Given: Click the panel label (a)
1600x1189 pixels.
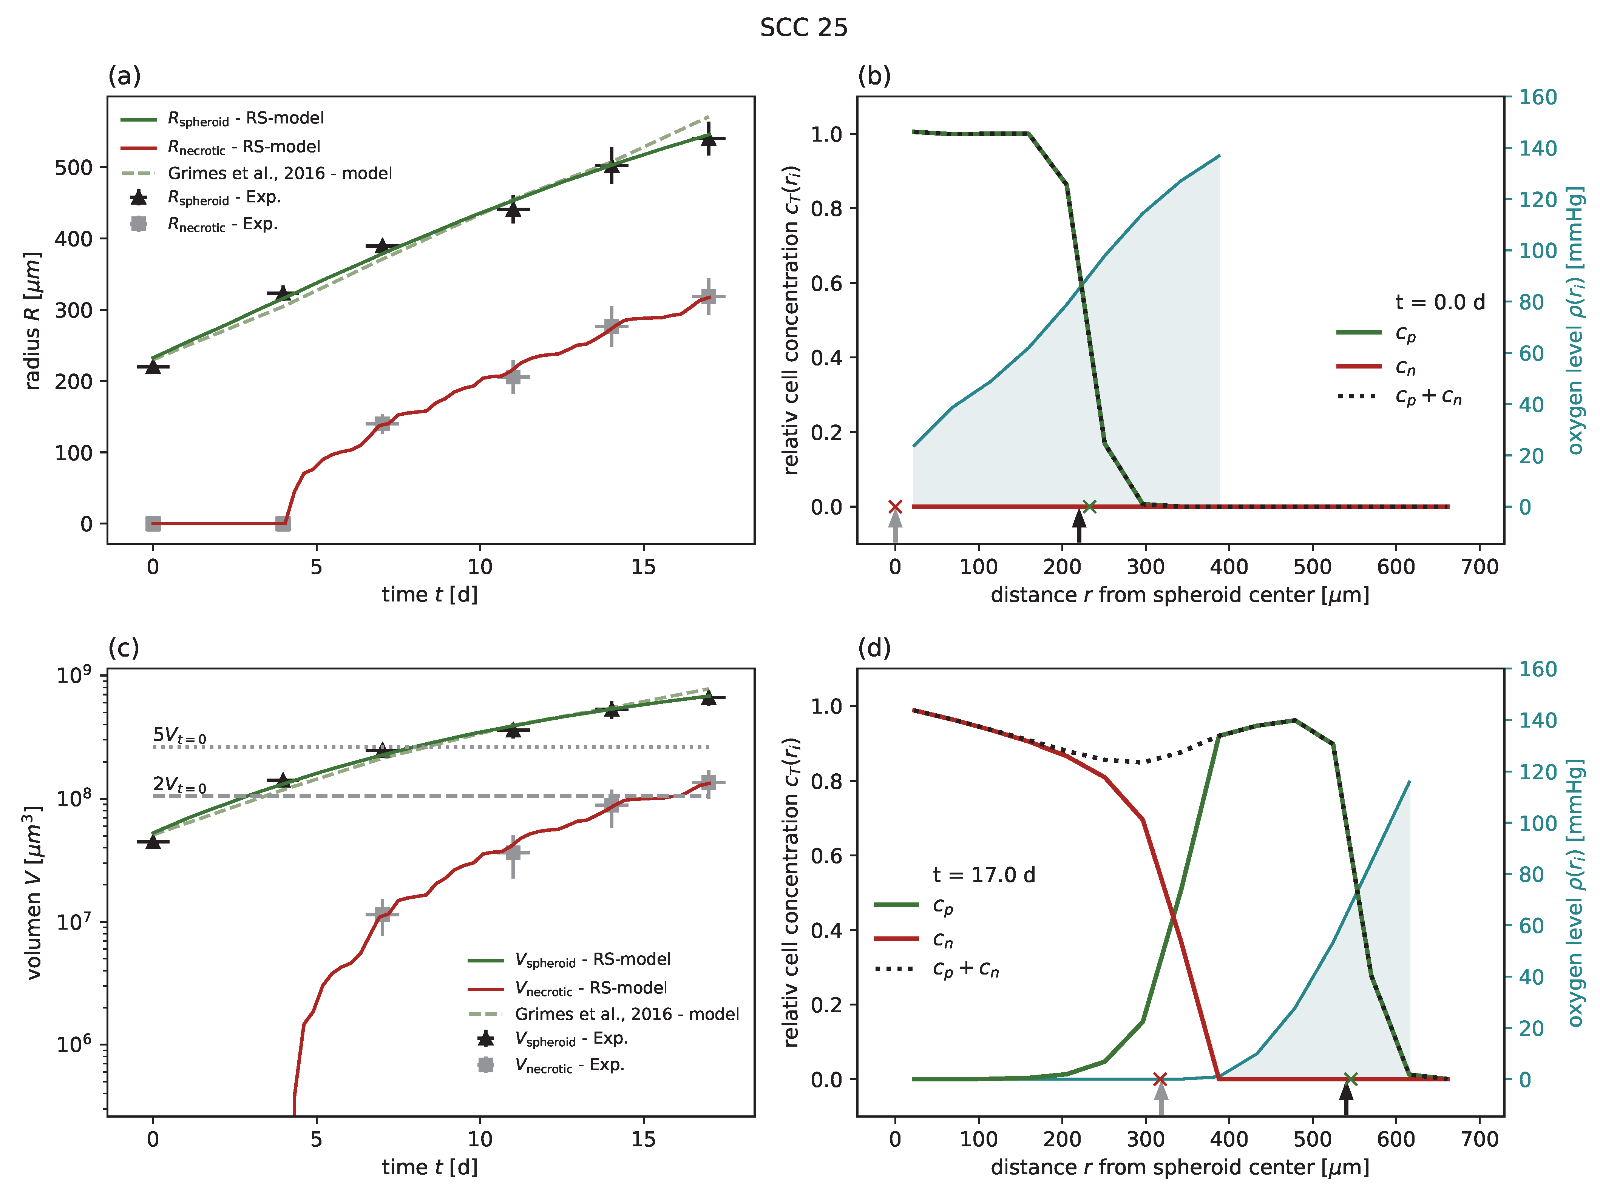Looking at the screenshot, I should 124,76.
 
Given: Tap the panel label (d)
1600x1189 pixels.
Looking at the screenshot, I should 873,648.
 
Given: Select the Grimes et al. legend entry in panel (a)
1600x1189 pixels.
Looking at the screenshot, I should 280,173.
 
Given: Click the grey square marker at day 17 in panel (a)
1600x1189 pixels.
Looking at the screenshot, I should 708,296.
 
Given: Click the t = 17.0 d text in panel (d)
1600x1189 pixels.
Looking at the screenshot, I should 984,874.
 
